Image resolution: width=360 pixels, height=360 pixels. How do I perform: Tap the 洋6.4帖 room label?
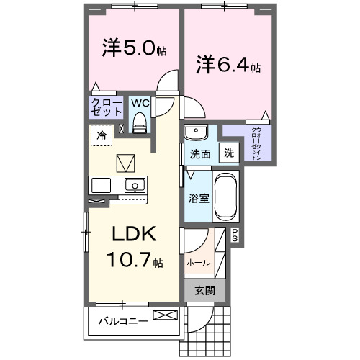pos(226,66)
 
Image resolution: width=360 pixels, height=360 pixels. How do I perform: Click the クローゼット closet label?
pos(106,108)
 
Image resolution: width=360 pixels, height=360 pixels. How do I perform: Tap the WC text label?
pos(140,102)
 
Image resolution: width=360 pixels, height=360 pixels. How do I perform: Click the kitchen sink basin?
pos(134,185)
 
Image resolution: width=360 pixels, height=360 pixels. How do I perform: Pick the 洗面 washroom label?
pos(199,153)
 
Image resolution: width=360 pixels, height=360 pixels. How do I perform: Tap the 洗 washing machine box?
pos(228,153)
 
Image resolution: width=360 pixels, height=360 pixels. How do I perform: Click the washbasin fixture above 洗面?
pos(194,132)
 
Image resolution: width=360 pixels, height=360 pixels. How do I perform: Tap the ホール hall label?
pos(199,262)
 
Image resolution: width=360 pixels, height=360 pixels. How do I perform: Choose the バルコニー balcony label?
pos(123,320)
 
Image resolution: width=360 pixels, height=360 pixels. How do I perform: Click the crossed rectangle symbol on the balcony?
pos(163,315)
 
